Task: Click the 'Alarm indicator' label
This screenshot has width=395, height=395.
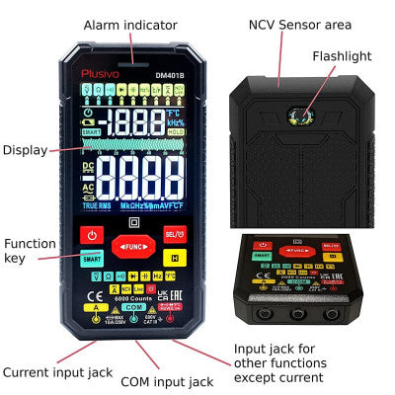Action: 130,24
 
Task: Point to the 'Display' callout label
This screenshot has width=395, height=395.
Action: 25,150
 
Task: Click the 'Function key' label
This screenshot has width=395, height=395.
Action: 30,251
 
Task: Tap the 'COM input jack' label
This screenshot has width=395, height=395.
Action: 166,381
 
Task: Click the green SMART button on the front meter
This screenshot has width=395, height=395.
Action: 92,259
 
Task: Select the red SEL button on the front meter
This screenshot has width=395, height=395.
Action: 173,234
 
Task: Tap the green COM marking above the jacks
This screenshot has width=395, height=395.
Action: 131,307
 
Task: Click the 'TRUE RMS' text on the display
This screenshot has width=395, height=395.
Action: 97,205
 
